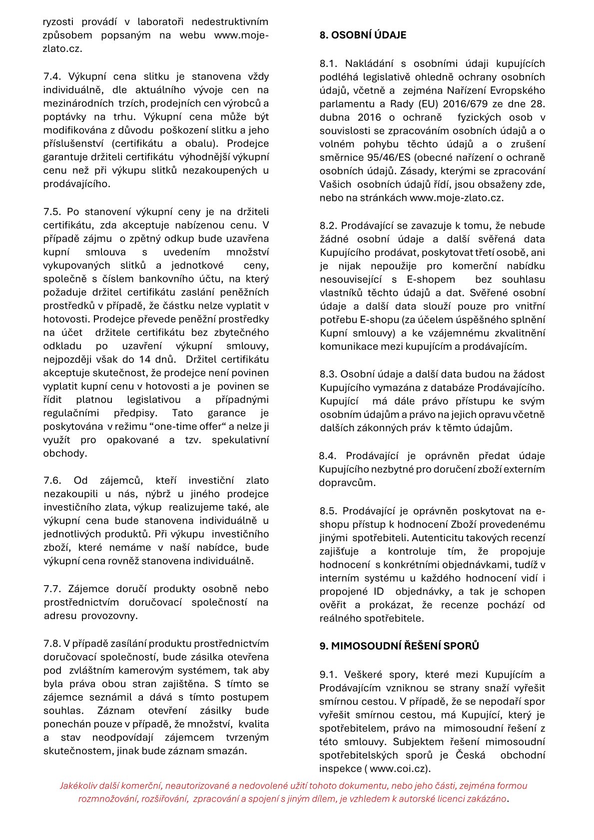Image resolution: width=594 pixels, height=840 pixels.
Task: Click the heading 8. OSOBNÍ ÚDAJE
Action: [x=363, y=35]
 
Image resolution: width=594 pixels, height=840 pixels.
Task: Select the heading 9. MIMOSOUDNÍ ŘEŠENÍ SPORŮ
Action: [x=399, y=646]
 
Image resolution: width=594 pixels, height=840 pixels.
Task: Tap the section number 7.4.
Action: [x=51, y=76]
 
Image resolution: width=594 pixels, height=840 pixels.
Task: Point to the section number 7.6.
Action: [x=52, y=481]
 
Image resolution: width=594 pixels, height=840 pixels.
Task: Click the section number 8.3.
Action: [x=328, y=374]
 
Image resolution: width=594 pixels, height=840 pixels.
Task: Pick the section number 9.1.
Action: [x=328, y=675]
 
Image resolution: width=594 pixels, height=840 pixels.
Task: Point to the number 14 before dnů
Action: [x=145, y=359]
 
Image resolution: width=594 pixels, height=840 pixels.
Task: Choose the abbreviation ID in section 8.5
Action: [x=378, y=592]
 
